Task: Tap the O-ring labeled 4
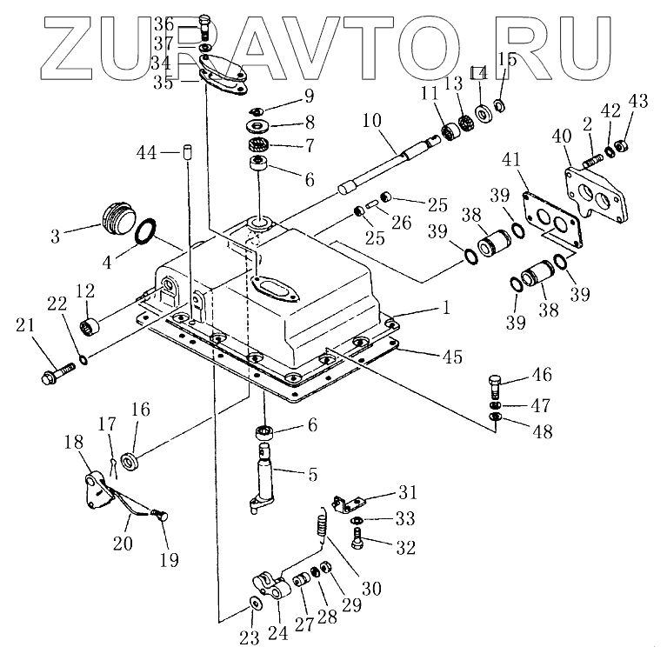point(147,233)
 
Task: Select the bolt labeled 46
point(495,383)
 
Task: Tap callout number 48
point(542,430)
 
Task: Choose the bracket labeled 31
point(348,504)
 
